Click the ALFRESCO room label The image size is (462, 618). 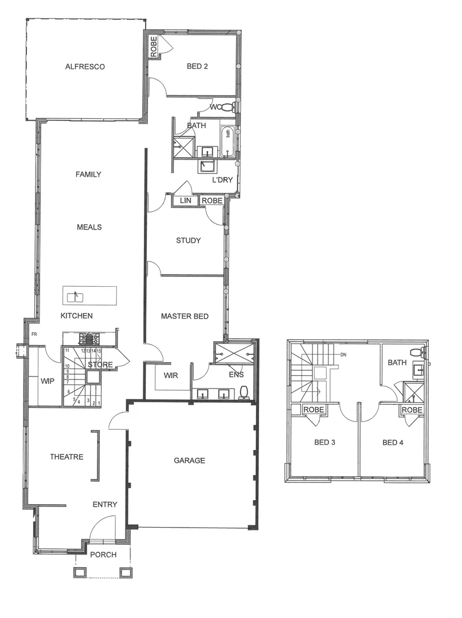point(85,66)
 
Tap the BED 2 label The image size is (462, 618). point(197,66)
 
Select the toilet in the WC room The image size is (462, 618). point(228,107)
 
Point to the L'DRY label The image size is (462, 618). point(222,180)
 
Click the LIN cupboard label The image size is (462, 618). point(185,200)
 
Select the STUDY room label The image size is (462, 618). point(188,240)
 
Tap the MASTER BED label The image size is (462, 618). point(184,316)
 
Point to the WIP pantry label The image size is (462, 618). point(47,380)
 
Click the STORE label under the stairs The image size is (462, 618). point(100,365)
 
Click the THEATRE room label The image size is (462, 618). point(66,457)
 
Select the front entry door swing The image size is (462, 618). point(102,528)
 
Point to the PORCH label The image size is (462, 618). point(103,554)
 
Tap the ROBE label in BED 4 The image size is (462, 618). point(412,410)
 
